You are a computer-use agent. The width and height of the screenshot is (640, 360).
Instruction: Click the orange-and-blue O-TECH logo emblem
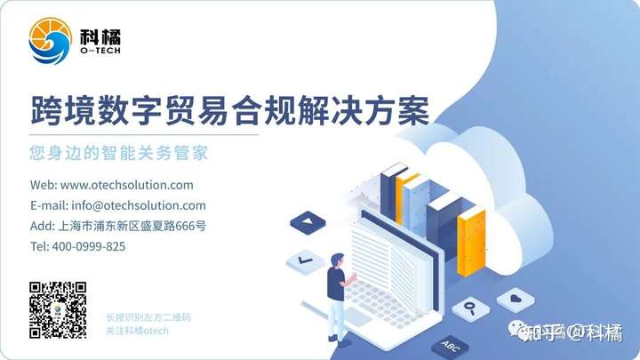tap(50, 40)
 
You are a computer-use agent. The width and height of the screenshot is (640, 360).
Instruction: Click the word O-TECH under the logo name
tap(100, 51)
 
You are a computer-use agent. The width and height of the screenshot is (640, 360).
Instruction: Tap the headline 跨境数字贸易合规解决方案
tap(230, 110)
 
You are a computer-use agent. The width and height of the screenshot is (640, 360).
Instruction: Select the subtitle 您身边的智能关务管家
tap(119, 153)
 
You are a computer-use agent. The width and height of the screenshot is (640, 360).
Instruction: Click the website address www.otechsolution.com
tap(126, 185)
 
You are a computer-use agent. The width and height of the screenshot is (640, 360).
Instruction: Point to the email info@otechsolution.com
tap(139, 205)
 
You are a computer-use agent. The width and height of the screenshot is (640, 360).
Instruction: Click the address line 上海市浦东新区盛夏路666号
tap(132, 226)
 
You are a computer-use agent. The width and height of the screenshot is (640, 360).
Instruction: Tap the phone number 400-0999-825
tap(89, 246)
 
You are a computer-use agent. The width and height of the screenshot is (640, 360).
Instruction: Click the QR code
tap(58, 310)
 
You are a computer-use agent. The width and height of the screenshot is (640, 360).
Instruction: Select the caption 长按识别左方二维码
tap(148, 317)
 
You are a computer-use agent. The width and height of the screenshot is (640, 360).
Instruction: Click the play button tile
tap(308, 222)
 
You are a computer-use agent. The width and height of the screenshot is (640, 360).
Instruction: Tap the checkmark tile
tap(305, 260)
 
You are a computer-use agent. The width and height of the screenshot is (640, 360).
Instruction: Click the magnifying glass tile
tap(470, 308)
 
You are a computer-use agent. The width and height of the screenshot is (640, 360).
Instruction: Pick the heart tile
tap(516, 300)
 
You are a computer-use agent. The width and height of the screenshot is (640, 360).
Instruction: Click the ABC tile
tap(450, 348)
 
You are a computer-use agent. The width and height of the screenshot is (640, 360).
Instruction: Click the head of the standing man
tap(337, 260)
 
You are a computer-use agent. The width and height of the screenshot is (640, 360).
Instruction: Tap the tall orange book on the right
tap(471, 240)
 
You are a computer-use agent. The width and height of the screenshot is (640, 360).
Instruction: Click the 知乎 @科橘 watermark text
tap(572, 332)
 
